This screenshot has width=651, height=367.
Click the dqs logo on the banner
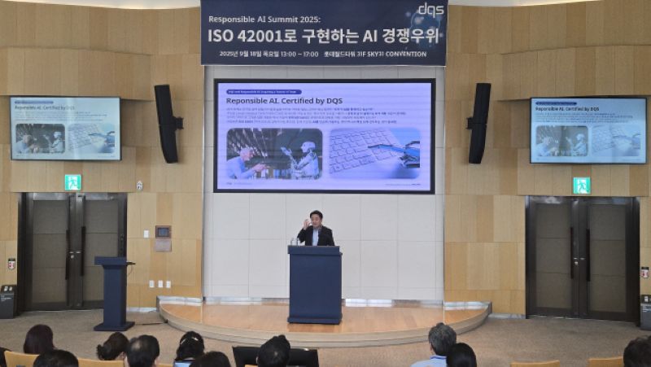[430, 10]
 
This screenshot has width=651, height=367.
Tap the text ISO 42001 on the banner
[244, 36]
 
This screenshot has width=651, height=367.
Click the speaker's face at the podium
[315, 220]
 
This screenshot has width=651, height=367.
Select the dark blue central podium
[315, 284]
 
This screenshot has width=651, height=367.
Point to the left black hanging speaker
[167, 123]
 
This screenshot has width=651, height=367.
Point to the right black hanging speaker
[478, 123]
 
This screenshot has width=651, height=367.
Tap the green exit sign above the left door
[72, 182]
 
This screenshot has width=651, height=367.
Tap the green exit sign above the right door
[581, 186]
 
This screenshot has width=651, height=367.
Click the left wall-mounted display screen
[66, 129]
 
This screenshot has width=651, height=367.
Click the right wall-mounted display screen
[588, 130]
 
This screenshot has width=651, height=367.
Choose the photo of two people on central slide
[274, 154]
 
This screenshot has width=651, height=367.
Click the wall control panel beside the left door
[163, 233]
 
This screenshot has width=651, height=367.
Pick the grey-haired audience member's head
[442, 339]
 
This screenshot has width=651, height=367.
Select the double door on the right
[582, 256]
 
